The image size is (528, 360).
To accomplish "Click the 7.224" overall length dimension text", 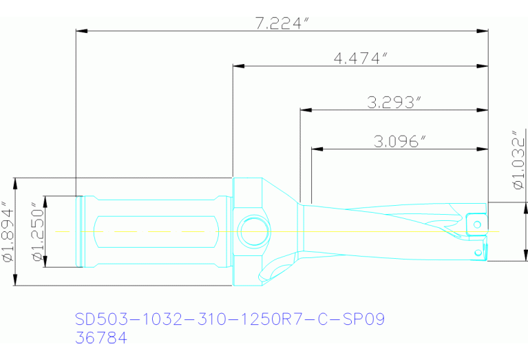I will coord(280,23).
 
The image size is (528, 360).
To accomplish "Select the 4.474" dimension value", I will coord(357,59).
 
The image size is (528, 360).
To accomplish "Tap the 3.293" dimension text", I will coord(394,103).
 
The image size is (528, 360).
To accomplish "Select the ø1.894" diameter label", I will coord(8,232).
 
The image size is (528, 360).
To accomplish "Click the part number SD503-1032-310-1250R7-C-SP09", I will coord(229,319).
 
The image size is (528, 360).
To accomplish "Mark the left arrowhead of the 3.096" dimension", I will coord(317,149).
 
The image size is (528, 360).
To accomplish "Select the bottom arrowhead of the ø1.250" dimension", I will coord(45,262).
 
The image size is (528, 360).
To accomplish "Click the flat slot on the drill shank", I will coord(155,232).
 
